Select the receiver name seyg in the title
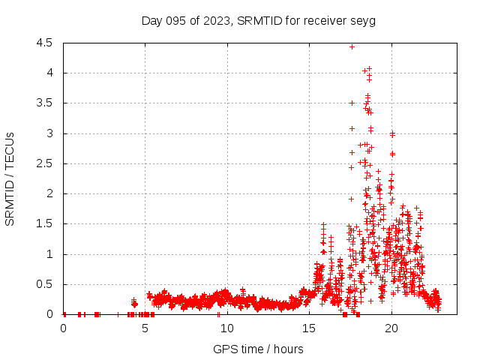[363, 20]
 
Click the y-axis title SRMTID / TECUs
[10, 178]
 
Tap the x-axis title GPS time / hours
[258, 349]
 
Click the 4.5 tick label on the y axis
[44, 43]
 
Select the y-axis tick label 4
[49, 73]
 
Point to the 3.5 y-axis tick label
[44, 103]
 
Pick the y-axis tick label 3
[49, 133]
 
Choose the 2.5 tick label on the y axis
[44, 163]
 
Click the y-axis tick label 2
[49, 193]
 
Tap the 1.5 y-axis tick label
[44, 223]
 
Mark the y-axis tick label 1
[49, 254]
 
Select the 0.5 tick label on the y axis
[44, 284]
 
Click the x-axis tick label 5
[145, 328]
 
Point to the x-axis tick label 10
[227, 328]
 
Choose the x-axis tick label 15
[309, 328]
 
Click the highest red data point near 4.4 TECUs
[352, 46]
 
